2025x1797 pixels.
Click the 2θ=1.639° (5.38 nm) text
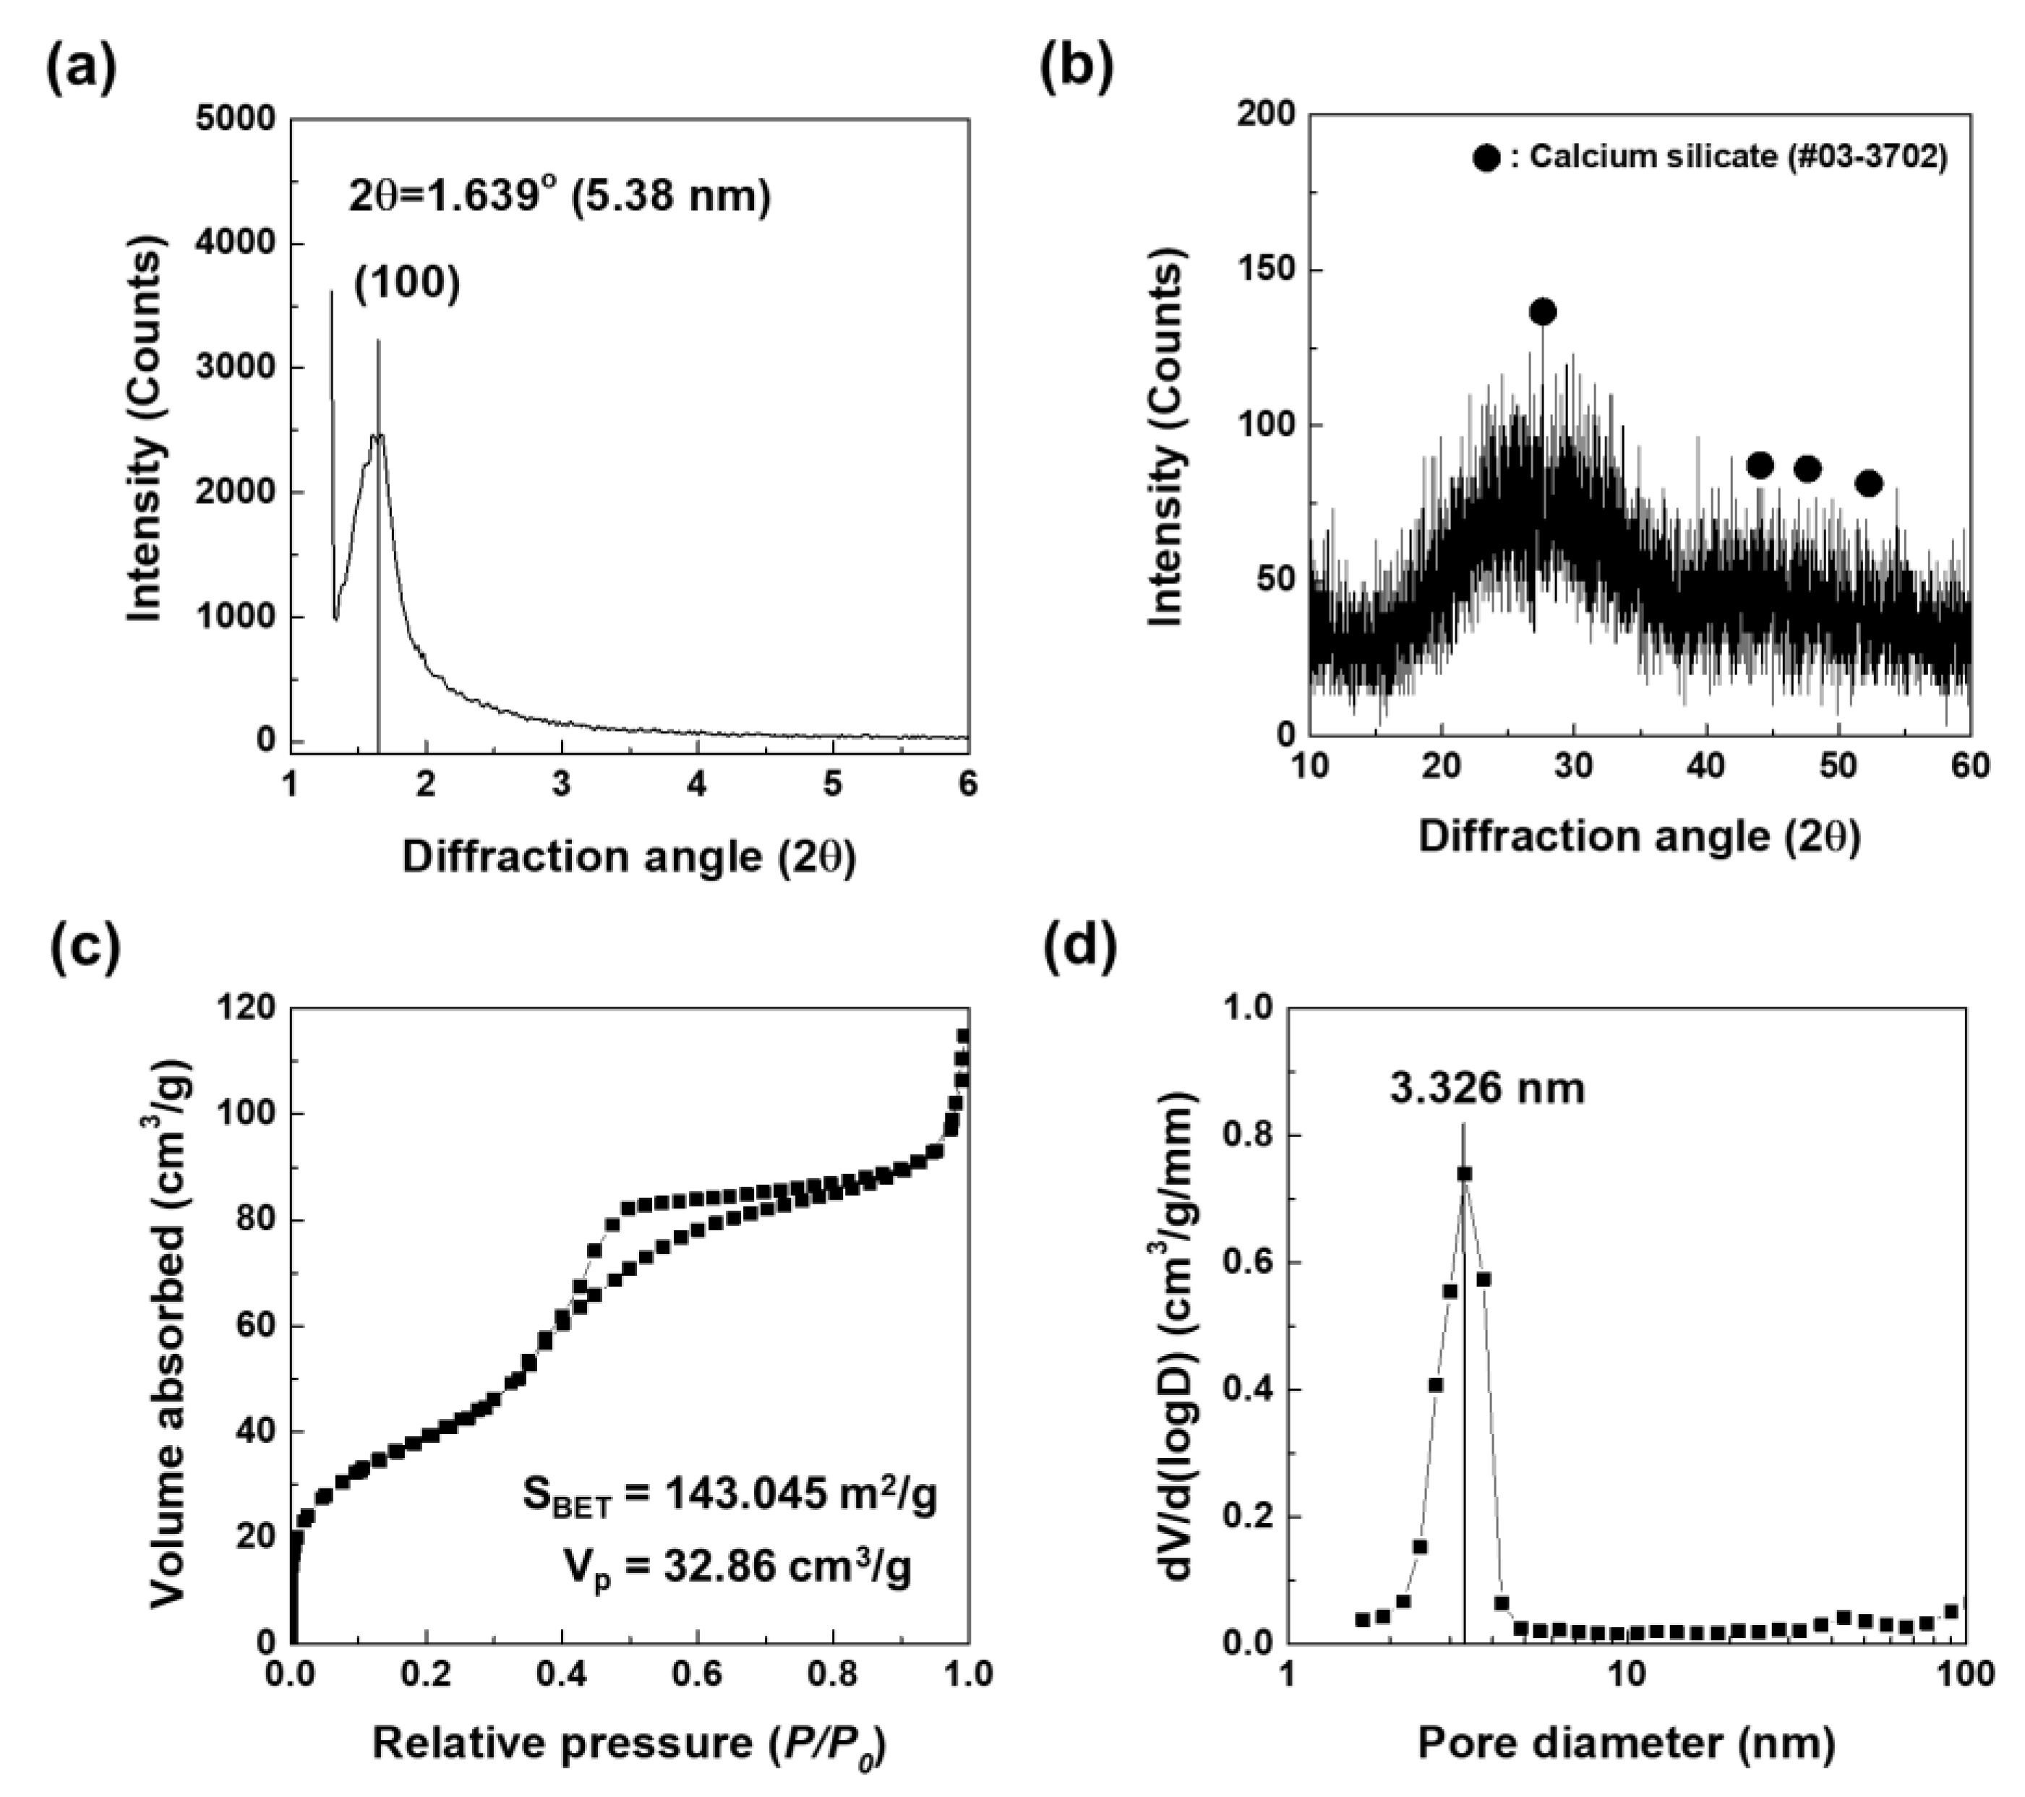click(559, 196)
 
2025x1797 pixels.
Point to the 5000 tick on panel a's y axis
click(235, 119)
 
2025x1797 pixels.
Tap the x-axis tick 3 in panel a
click(562, 784)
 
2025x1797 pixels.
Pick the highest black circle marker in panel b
click(1543, 312)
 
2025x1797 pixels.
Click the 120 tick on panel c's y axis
click(248, 1008)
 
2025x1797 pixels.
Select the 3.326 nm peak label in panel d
click(1487, 1088)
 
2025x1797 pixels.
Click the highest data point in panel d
click(1464, 1173)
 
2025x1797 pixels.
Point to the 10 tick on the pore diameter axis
click(1626, 1673)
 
